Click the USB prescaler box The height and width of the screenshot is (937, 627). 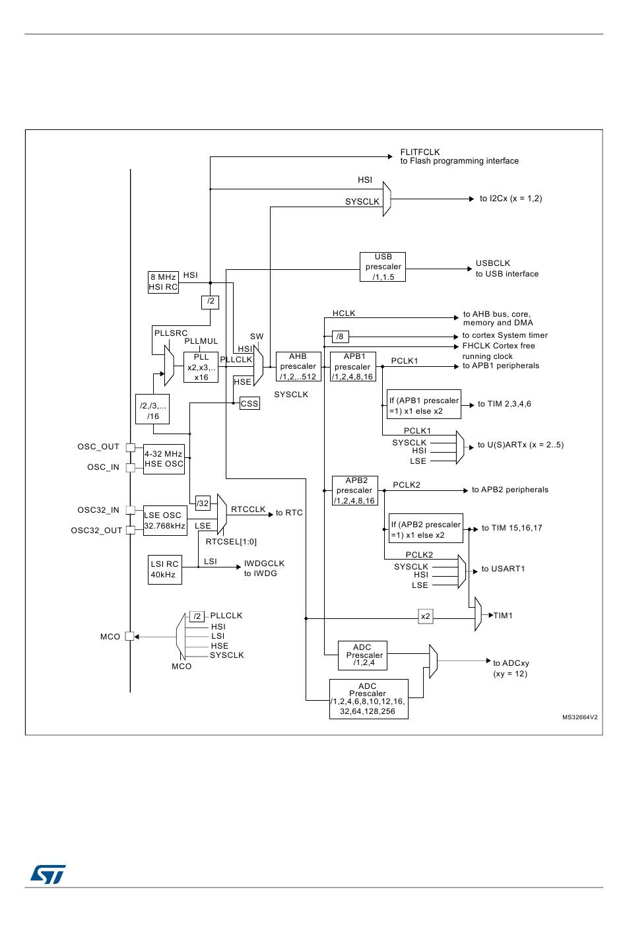[383, 267]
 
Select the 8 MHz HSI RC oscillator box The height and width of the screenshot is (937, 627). [163, 282]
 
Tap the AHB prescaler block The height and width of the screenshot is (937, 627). [298, 366]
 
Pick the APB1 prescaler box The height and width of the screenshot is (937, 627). [353, 367]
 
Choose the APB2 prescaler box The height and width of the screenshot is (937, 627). [355, 491]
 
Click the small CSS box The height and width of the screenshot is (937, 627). [249, 403]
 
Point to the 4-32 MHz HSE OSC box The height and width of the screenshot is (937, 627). [164, 459]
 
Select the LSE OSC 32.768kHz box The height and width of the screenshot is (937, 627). [164, 521]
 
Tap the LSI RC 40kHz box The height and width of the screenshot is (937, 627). [164, 569]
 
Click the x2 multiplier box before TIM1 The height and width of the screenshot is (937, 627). [426, 617]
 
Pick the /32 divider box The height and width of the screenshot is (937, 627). [203, 503]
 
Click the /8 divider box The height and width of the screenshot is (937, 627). [340, 337]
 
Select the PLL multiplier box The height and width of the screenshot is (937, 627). [201, 367]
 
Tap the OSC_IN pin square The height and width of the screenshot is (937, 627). [131, 468]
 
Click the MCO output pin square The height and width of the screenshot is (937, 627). [130, 637]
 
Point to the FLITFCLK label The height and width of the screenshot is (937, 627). [420, 152]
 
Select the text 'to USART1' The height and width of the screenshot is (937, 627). [503, 569]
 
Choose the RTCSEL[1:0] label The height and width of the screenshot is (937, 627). [231, 542]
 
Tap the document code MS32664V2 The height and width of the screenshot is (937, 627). [579, 717]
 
